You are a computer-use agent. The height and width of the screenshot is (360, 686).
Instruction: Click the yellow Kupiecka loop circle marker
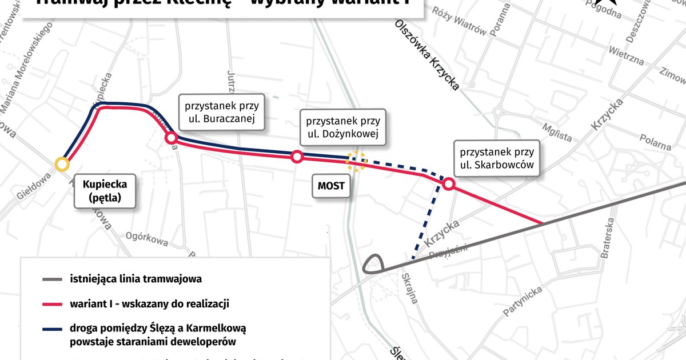[62, 165]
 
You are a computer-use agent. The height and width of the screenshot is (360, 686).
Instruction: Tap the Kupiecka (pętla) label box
[105, 192]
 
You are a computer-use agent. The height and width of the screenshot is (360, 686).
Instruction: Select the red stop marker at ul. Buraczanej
[170, 138]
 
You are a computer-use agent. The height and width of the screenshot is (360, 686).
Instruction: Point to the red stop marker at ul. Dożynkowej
[297, 157]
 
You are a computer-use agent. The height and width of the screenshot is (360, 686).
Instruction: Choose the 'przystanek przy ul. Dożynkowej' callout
[343, 129]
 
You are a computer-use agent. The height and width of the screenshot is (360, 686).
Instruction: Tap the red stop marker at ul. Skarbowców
[448, 184]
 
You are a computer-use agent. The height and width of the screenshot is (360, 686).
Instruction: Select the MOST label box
[331, 186]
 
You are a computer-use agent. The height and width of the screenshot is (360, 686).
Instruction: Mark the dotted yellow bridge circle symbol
[356, 161]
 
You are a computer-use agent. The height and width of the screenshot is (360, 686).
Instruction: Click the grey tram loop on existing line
[373, 263]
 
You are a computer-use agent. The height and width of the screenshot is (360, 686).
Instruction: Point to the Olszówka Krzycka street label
[427, 55]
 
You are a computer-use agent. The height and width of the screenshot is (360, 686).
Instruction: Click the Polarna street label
[655, 143]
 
